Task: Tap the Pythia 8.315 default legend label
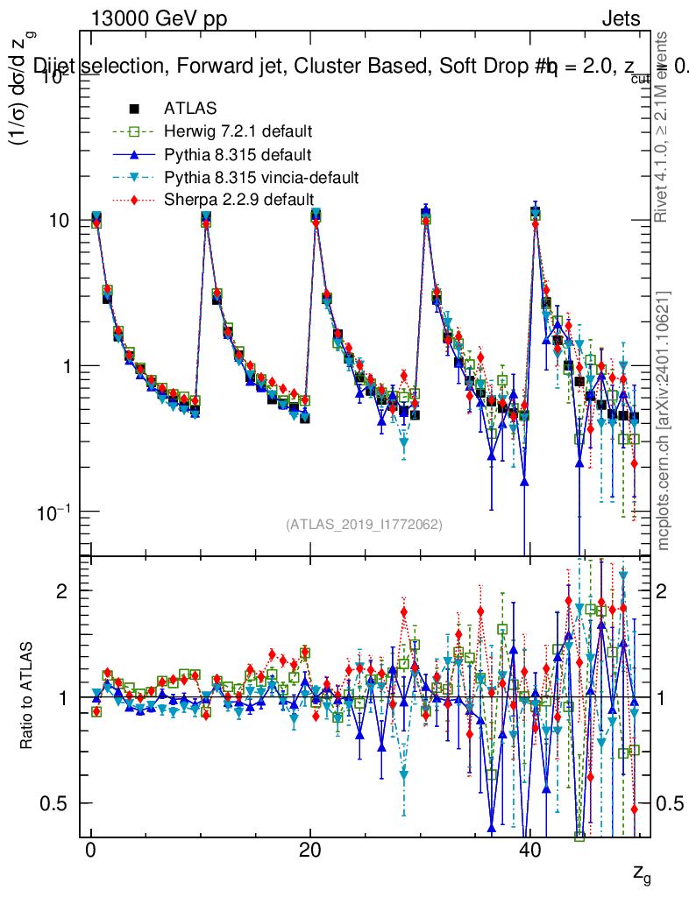pos(238,155)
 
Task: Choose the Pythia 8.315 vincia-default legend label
pos(260,178)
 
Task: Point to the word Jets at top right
pos(621,18)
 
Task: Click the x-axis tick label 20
pos(309,852)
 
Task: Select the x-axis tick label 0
pos(90,852)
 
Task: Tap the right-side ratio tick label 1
pos(665,697)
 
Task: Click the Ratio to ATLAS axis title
pos(27,697)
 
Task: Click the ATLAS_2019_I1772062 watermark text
pos(364,525)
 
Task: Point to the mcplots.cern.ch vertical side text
pos(664,420)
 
